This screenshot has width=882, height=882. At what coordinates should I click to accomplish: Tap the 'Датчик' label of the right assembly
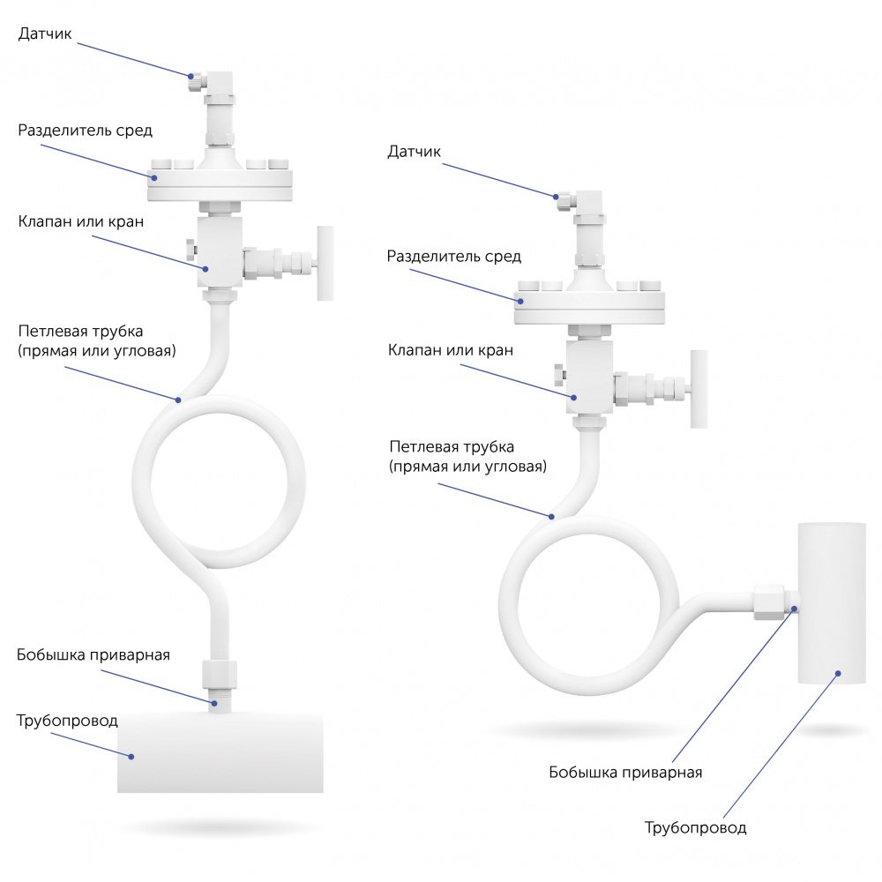point(414,152)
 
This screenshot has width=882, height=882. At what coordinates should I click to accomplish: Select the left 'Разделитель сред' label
point(86,131)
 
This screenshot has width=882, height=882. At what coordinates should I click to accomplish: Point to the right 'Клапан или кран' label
point(451,350)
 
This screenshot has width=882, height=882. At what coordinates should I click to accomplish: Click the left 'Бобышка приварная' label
point(93,655)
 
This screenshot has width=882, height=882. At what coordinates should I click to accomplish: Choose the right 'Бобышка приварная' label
point(625,773)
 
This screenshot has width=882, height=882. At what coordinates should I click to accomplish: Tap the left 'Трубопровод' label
point(67,721)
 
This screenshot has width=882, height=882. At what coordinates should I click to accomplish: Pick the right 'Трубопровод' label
point(695,828)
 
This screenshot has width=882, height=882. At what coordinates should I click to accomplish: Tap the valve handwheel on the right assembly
point(698,388)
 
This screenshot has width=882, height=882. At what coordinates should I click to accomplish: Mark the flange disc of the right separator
point(589,306)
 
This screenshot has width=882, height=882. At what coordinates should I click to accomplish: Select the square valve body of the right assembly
point(589,379)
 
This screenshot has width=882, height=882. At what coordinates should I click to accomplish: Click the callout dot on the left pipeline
point(131,756)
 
